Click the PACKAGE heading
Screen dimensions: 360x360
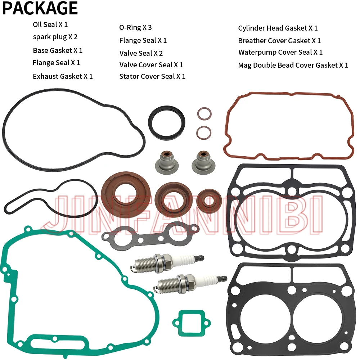pos(40,8)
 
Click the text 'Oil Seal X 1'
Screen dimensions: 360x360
pos(50,24)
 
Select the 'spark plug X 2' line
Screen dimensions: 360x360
pos(55,37)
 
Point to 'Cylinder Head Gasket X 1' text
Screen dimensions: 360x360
pos(278,28)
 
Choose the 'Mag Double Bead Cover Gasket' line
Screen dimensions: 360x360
pos(293,65)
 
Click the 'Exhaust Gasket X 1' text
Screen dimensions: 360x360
pos(63,76)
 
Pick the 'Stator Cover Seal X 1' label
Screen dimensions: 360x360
pos(152,76)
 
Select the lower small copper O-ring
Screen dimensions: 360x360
pos(204,132)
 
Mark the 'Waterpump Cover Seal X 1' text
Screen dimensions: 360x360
pos(280,52)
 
